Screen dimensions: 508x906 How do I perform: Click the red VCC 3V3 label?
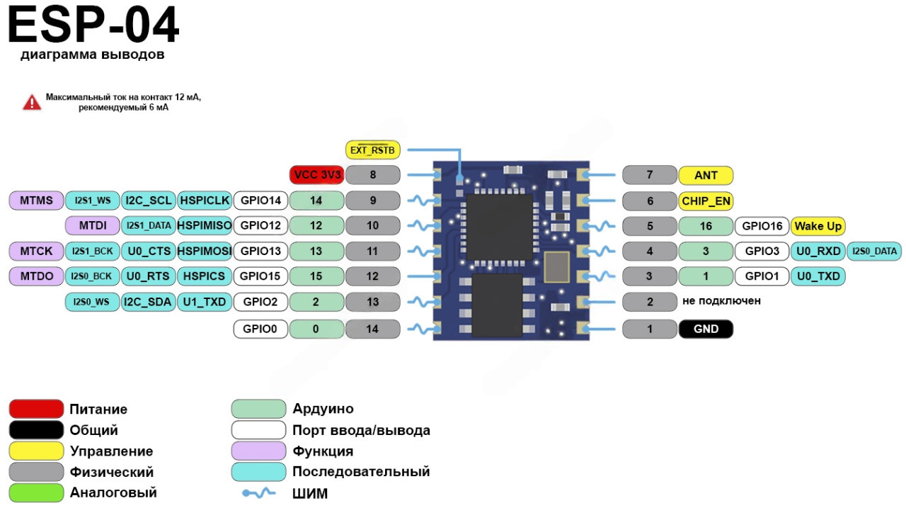pyautogui.click(x=317, y=174)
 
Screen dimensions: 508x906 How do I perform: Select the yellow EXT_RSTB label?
pyautogui.click(x=373, y=150)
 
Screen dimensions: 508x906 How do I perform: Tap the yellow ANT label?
pyautogui.click(x=706, y=175)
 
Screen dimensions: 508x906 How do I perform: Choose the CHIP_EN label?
pyautogui.click(x=706, y=201)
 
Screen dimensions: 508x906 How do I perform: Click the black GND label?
pyautogui.click(x=706, y=329)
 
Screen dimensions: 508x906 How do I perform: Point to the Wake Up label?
pyautogui.click(x=818, y=226)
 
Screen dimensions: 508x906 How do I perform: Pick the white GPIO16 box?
pyautogui.click(x=762, y=226)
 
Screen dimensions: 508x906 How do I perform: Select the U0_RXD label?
pyautogui.click(x=818, y=251)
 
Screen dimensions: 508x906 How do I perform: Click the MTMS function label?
pyautogui.click(x=36, y=201)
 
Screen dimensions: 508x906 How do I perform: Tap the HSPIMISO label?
pyautogui.click(x=205, y=226)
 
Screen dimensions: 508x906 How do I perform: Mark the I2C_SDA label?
pyautogui.click(x=148, y=303)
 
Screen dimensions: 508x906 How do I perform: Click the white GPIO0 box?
pyautogui.click(x=260, y=329)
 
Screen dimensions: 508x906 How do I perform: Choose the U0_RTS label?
pyautogui.click(x=148, y=276)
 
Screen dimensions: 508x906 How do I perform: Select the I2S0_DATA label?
pyautogui.click(x=875, y=251)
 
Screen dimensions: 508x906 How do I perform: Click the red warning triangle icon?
pyautogui.click(x=32, y=103)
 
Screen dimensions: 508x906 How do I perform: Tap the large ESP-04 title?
pyautogui.click(x=93, y=26)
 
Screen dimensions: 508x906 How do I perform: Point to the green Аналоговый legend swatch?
pyautogui.click(x=36, y=492)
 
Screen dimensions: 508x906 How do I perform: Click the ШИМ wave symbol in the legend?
pyautogui.click(x=258, y=493)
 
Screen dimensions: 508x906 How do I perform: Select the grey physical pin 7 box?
pyautogui.click(x=650, y=175)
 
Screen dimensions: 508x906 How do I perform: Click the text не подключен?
pyautogui.click(x=721, y=301)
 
